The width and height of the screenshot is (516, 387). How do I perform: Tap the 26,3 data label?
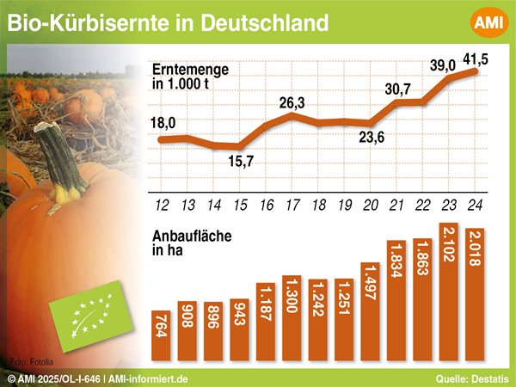coord(293,102)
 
